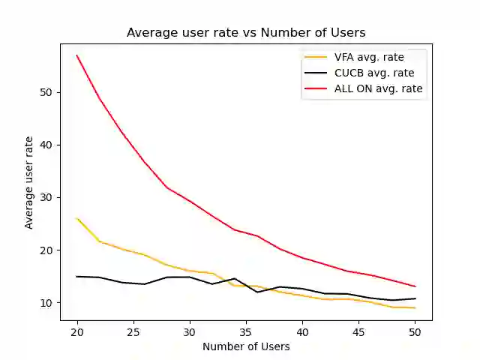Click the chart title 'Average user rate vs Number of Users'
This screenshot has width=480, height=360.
(x=246, y=32)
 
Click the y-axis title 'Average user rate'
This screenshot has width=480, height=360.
(x=29, y=182)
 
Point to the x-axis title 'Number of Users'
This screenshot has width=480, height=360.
(x=246, y=346)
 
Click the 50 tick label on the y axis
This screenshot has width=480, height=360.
(x=46, y=93)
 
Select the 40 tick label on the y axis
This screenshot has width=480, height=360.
(x=46, y=145)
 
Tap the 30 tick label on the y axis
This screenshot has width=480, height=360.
(x=46, y=198)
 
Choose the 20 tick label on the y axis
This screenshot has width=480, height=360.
(x=46, y=250)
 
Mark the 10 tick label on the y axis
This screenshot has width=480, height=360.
(x=46, y=303)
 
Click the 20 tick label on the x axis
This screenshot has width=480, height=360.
(x=77, y=331)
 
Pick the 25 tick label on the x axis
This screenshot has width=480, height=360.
(x=133, y=331)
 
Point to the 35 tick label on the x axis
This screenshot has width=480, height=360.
(x=246, y=331)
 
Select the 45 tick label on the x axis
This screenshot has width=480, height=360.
(x=358, y=331)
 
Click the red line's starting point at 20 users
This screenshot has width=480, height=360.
(x=77, y=55)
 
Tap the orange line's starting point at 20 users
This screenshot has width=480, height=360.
(x=77, y=218)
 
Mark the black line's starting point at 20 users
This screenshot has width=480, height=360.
(x=77, y=277)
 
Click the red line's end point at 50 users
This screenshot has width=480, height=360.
(x=415, y=286)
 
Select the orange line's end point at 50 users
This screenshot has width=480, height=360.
(x=415, y=307)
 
